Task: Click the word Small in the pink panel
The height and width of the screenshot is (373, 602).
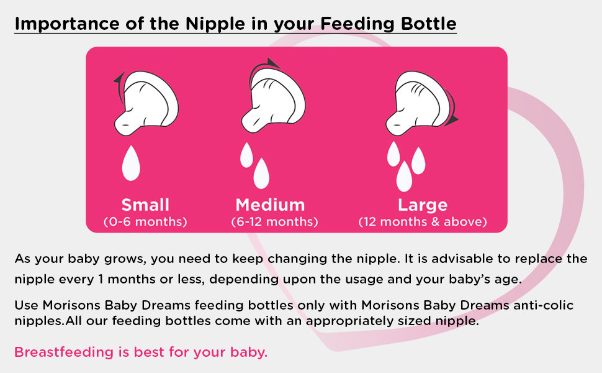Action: click(x=145, y=205)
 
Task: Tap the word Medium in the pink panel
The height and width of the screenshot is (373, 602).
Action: click(x=271, y=205)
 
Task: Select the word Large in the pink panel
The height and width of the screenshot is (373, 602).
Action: click(x=423, y=206)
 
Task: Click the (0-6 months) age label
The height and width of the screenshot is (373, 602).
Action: click(x=145, y=222)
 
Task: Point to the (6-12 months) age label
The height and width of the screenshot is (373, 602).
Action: click(x=274, y=222)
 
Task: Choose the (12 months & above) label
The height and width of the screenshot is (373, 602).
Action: click(x=423, y=222)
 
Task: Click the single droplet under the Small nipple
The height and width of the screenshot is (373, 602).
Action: click(x=131, y=163)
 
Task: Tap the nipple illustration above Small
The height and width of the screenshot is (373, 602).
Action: click(x=146, y=103)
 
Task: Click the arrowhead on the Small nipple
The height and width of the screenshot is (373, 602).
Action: click(x=119, y=78)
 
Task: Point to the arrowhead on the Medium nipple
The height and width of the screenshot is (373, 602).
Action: click(x=273, y=63)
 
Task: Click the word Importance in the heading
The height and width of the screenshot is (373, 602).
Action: click(x=67, y=24)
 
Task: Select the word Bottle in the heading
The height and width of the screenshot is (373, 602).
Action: click(x=428, y=24)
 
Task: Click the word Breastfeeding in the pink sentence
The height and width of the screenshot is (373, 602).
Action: click(x=64, y=352)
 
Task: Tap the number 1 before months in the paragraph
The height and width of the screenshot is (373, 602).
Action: click(x=101, y=279)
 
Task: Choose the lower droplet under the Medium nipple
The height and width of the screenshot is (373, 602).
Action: click(x=261, y=173)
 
